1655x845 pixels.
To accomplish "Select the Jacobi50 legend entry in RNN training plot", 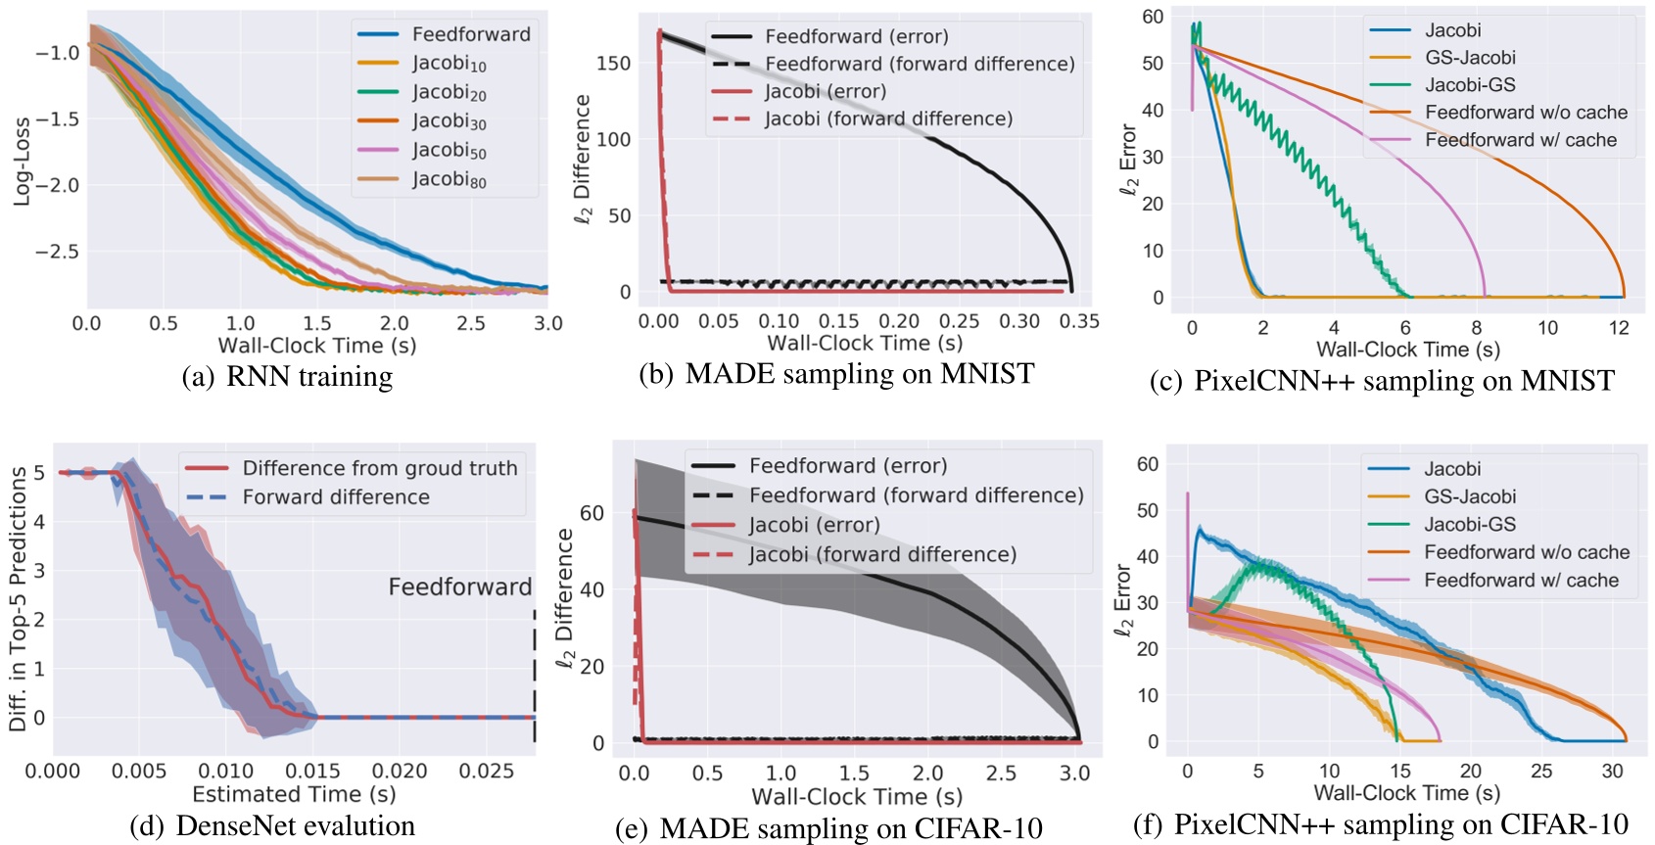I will coord(449,150).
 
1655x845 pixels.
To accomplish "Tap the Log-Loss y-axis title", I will coord(22,163).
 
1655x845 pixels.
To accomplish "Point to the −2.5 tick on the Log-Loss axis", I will coord(57,252).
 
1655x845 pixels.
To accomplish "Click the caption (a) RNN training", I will coord(288,377).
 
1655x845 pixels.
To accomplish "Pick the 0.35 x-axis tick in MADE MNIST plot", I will coord(1079,321).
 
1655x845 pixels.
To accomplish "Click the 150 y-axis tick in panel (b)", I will coord(613,63).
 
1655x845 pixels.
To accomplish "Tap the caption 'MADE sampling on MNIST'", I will coord(859,374).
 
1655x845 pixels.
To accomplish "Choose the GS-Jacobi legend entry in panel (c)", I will coord(1470,58).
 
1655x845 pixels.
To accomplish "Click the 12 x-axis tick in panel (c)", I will coord(1619,328).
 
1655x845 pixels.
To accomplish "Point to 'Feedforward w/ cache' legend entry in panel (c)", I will coord(1520,140).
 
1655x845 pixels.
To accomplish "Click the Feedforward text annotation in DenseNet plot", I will coord(459,587).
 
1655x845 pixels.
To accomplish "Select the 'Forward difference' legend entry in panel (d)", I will coord(336,497).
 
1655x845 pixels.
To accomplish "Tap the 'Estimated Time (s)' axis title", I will coord(294,794).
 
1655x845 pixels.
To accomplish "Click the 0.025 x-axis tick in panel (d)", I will coord(487,772).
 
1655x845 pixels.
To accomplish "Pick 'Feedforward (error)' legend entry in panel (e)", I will coord(848,466).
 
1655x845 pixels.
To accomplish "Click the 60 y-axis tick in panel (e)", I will coord(591,513).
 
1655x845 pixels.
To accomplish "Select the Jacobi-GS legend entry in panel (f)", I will coord(1469,525).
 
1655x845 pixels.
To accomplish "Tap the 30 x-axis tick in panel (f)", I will coord(1612,771).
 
